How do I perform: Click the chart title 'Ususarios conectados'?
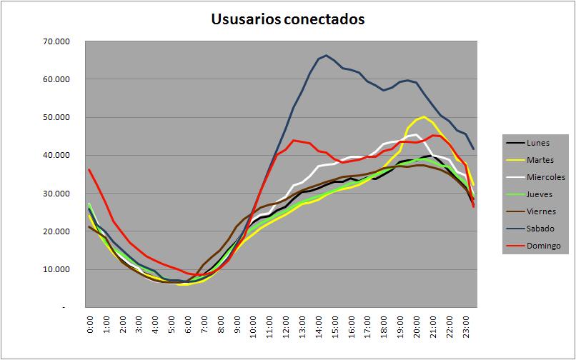point(287,19)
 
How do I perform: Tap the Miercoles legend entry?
point(535,177)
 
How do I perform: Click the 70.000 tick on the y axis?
point(56,41)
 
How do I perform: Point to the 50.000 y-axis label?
point(56,117)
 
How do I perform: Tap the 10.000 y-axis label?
point(56,269)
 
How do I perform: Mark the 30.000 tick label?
point(56,194)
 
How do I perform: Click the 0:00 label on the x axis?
point(90,324)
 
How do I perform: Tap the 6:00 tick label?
point(188,324)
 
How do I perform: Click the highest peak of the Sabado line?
point(326,55)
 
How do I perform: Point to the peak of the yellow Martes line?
point(424,116)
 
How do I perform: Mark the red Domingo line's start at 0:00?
point(89,169)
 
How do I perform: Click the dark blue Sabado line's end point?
point(474,149)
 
